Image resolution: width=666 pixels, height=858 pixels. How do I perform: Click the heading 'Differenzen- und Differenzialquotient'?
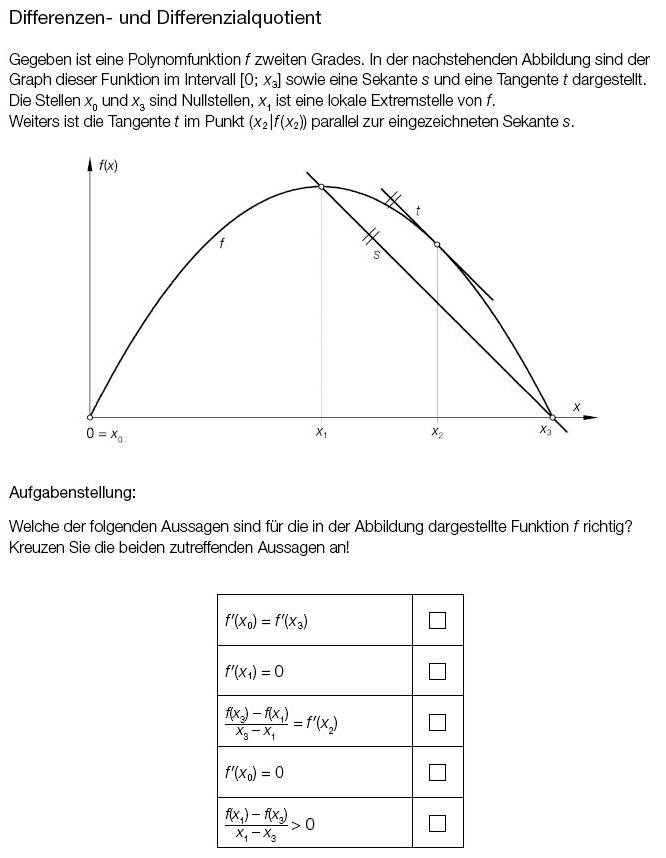[x=165, y=18]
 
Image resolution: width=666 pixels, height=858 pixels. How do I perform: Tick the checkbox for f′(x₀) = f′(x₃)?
[x=437, y=620]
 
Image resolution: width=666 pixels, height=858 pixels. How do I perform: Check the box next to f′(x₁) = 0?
[x=437, y=671]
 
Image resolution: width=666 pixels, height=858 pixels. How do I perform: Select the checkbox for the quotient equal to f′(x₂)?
[x=437, y=722]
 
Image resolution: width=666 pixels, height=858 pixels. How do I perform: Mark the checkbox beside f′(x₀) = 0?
[x=437, y=772]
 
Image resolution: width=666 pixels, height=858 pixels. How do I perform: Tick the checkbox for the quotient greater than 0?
[x=437, y=823]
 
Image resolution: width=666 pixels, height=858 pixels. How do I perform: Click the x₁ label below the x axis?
[x=321, y=432]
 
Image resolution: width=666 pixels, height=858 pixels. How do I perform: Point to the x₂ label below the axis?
[x=437, y=432]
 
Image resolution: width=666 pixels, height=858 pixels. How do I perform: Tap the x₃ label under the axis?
[x=545, y=431]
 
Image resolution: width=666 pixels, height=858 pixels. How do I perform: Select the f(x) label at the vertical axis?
[x=108, y=166]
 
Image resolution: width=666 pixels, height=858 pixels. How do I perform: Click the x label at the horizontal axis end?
[x=576, y=406]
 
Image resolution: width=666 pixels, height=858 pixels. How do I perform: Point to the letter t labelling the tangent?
[x=417, y=211]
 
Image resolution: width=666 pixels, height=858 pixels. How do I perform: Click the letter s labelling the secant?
[x=376, y=256]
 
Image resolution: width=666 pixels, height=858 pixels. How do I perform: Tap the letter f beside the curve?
[x=221, y=243]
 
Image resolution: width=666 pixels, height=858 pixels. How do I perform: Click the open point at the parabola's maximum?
[x=321, y=186]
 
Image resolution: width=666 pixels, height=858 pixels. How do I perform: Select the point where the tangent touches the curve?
[x=437, y=244]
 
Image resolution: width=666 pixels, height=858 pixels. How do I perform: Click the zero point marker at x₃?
[x=552, y=417]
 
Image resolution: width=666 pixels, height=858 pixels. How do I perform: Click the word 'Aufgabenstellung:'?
[x=72, y=492]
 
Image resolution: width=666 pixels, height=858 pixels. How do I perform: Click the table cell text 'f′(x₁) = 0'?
[x=254, y=671]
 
